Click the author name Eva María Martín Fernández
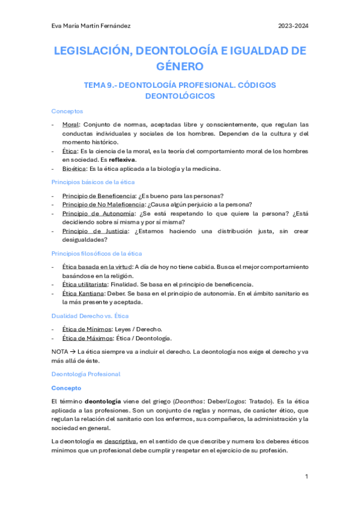91,26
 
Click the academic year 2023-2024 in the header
293,26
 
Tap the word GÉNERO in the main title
180,66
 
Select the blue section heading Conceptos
67,111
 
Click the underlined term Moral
70,124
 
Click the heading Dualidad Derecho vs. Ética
90,316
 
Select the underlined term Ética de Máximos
87,338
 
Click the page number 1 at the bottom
307,476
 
